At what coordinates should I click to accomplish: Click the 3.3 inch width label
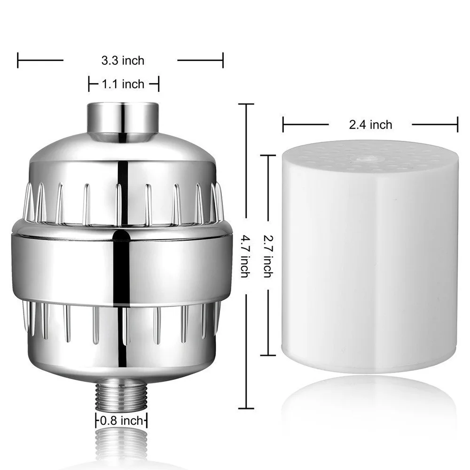coord(123,61)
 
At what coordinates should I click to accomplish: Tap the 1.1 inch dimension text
coord(123,84)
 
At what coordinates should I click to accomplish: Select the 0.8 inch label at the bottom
coord(122,420)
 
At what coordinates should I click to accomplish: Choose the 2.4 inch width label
coord(370,125)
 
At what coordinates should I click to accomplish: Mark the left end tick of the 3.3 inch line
coord(18,60)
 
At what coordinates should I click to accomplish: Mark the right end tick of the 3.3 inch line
coord(222,60)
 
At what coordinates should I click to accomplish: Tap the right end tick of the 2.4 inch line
coord(457,125)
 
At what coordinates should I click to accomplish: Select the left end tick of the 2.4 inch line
coord(283,125)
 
